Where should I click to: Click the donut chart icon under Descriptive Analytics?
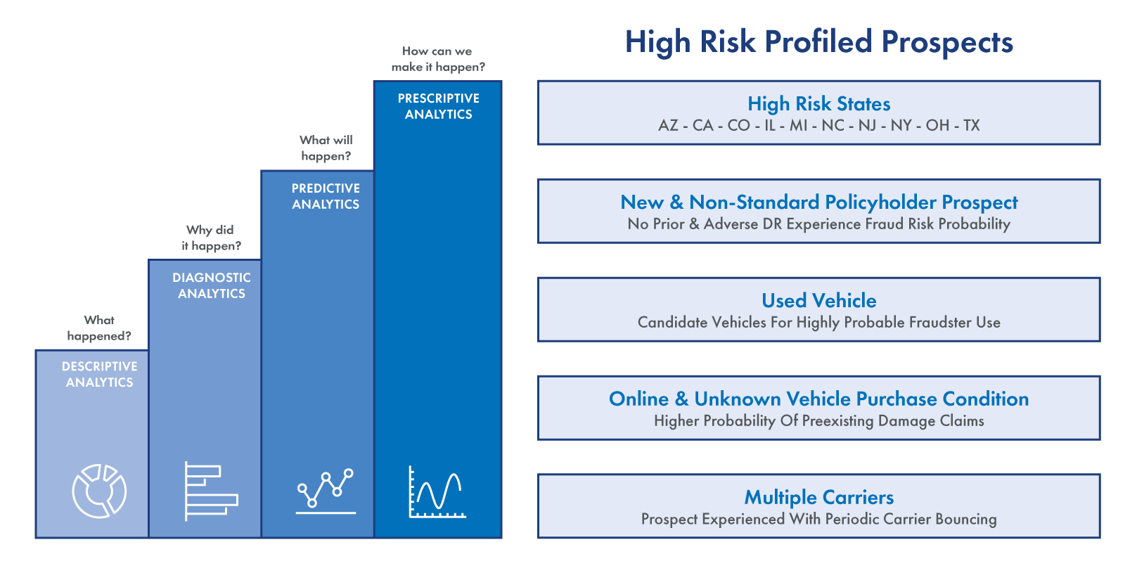99,491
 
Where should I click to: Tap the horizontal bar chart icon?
211,491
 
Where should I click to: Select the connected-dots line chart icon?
326,491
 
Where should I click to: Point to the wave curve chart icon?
437,491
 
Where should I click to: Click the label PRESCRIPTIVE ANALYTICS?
439,106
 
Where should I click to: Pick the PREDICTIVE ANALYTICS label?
326,196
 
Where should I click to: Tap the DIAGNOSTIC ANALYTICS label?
212,285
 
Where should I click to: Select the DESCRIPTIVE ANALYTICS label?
99,374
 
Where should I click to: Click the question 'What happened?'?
99,328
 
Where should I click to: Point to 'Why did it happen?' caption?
211,238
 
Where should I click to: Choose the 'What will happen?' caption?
326,148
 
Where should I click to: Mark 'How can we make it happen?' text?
438,59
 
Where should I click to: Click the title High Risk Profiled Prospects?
818,41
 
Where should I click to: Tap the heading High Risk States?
818,103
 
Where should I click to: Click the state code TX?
972,125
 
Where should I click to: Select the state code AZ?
667,125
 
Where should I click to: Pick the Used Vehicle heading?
818,300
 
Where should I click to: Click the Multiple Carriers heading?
818,497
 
